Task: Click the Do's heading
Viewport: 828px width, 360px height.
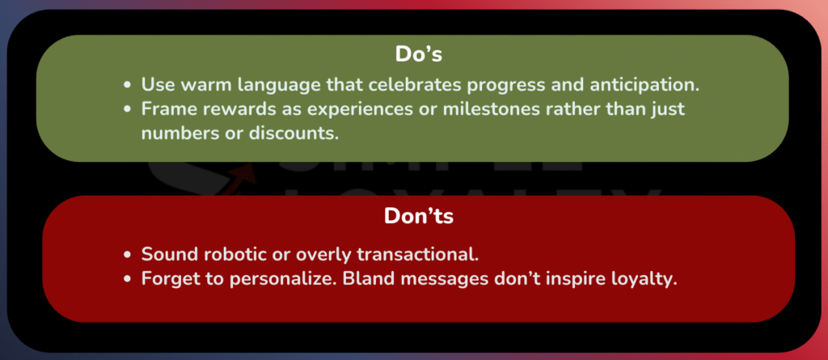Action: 418,54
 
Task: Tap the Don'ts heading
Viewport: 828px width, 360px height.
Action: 418,216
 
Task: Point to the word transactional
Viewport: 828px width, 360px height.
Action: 418,254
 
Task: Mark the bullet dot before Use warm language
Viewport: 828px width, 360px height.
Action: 127,85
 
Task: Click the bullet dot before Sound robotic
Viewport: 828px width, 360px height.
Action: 127,255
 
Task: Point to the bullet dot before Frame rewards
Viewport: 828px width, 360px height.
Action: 127,110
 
